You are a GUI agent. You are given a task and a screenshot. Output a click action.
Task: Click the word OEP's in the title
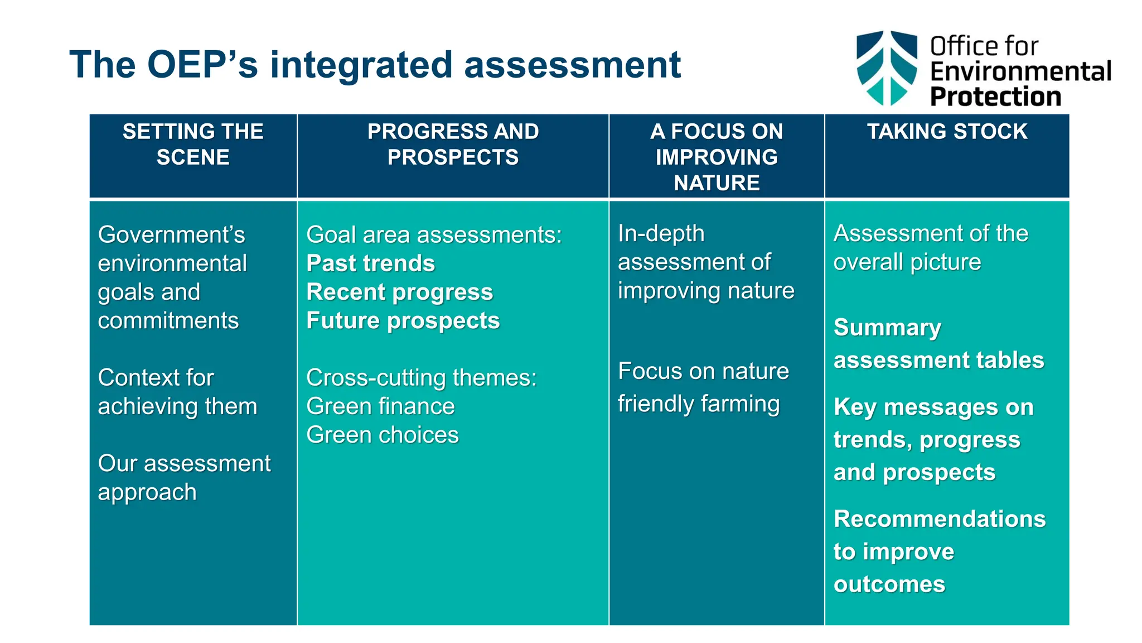point(202,65)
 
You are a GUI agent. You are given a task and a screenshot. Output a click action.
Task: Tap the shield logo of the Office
point(887,68)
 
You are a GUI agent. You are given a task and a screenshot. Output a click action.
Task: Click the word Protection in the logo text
point(995,97)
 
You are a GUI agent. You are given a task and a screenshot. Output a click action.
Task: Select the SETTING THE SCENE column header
point(193,145)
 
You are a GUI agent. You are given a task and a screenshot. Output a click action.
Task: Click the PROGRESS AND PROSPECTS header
point(453,145)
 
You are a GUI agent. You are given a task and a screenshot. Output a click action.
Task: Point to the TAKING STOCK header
point(947,132)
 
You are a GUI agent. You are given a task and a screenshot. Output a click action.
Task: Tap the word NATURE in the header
point(717,183)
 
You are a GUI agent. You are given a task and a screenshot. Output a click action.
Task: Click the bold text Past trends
point(371,263)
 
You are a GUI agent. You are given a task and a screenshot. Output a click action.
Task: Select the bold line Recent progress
point(400,292)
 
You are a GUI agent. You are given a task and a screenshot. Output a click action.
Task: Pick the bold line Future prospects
point(403,321)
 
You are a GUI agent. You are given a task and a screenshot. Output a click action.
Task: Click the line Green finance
point(380,406)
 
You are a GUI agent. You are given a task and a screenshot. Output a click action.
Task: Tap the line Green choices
point(383,435)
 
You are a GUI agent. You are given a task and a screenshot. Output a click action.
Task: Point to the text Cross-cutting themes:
point(422,378)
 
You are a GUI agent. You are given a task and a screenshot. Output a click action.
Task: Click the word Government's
point(171,235)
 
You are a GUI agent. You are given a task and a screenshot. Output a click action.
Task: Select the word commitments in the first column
point(168,321)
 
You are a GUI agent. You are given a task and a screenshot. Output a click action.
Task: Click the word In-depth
point(661,234)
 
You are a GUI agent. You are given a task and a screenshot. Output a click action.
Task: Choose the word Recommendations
point(940,519)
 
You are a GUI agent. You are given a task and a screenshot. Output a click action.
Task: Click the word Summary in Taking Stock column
point(887,328)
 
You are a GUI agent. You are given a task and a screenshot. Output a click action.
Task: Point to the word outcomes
point(889,584)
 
